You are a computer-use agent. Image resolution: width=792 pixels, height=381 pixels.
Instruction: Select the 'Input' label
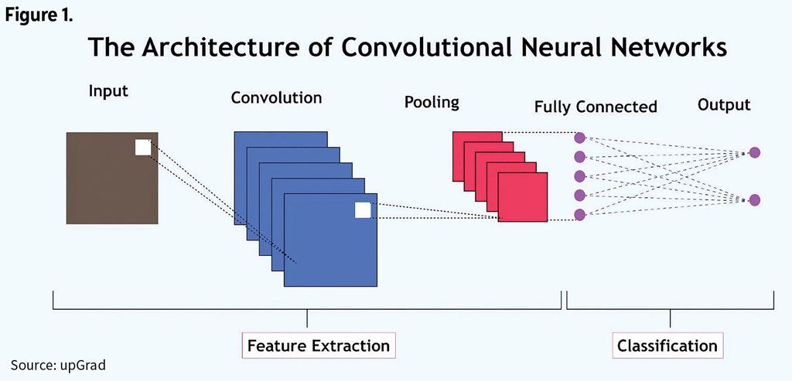[108, 90]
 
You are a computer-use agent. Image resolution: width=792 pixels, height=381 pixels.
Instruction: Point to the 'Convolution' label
[276, 98]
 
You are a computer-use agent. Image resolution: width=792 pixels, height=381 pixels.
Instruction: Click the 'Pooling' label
[432, 101]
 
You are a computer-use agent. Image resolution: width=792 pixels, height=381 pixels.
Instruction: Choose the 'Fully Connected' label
[596, 107]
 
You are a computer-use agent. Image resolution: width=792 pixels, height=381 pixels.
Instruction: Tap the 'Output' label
[724, 104]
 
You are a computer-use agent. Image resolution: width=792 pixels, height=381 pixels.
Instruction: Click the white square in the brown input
[143, 148]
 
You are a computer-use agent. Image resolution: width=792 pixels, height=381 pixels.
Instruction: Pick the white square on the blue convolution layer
[363, 210]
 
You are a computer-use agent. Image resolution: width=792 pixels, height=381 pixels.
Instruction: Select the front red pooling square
[523, 196]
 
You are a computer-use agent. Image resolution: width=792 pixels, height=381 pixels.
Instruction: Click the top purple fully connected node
[579, 138]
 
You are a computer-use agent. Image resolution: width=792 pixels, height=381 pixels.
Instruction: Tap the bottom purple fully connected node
[579, 214]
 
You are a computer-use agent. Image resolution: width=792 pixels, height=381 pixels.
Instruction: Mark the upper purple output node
[755, 153]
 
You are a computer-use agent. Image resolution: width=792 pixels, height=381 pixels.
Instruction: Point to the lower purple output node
[755, 200]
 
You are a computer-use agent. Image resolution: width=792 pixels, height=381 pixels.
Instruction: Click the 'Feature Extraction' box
[319, 345]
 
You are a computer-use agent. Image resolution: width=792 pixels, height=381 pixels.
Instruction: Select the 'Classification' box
[667, 345]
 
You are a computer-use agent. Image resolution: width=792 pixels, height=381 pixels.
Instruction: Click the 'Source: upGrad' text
[58, 365]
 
